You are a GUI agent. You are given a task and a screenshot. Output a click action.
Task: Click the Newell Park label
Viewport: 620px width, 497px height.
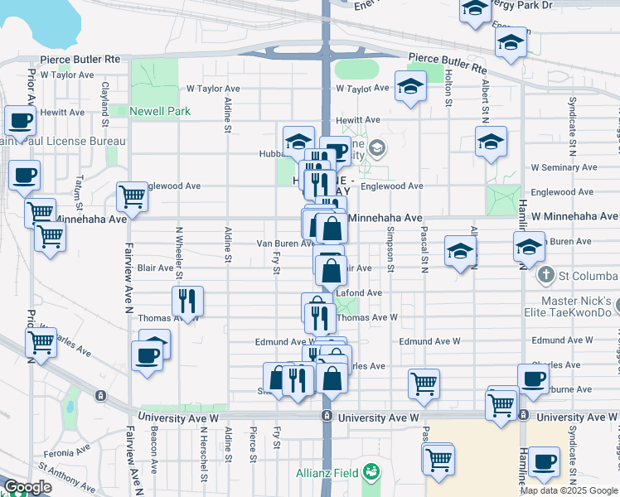coord(160,111)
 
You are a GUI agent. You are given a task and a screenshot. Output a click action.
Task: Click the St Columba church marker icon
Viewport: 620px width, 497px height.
coord(545,275)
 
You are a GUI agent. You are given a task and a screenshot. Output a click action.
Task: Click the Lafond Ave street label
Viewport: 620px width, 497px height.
coord(358,292)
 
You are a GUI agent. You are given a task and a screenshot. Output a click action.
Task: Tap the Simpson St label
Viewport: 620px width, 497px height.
coord(391,252)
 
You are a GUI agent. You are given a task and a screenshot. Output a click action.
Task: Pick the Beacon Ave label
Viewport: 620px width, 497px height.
coord(154,455)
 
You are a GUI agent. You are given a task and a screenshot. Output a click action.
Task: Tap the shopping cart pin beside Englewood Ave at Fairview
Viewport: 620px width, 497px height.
coord(131,196)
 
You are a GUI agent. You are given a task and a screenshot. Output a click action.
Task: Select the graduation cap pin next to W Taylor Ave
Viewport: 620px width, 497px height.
coord(409,87)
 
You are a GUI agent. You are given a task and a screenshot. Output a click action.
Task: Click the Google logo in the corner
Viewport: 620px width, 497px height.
coord(27,488)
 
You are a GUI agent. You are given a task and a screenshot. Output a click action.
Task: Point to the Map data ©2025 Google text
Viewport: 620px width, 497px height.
coord(569,490)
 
